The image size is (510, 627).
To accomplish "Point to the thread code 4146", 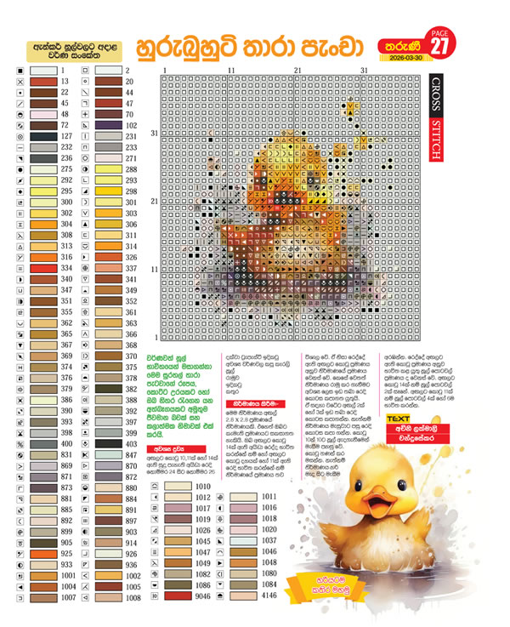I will pos(270,597).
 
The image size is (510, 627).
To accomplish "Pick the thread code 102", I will pos(131,124).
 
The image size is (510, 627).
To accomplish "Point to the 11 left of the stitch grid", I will pos(154,269).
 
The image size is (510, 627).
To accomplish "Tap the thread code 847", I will pos(131,455).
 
